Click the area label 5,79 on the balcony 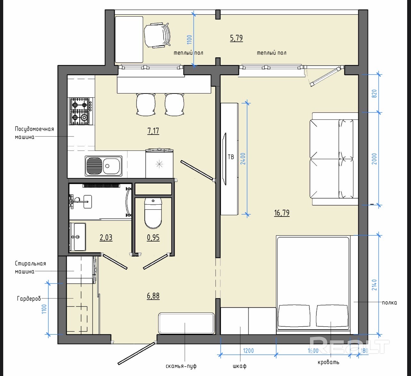237,38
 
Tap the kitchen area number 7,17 153,131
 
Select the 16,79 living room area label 282,213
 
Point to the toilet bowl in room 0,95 153,213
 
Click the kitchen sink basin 103,166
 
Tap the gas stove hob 81,111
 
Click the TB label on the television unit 231,157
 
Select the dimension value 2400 243,159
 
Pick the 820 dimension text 374,94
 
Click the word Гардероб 29,299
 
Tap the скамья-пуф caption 181,366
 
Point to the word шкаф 240,366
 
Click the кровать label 328,362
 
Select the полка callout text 390,303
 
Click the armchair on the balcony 157,35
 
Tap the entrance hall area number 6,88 153,296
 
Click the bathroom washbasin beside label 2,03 78,237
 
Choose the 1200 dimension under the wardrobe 248,351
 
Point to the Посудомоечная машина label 34,133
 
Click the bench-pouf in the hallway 186,323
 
